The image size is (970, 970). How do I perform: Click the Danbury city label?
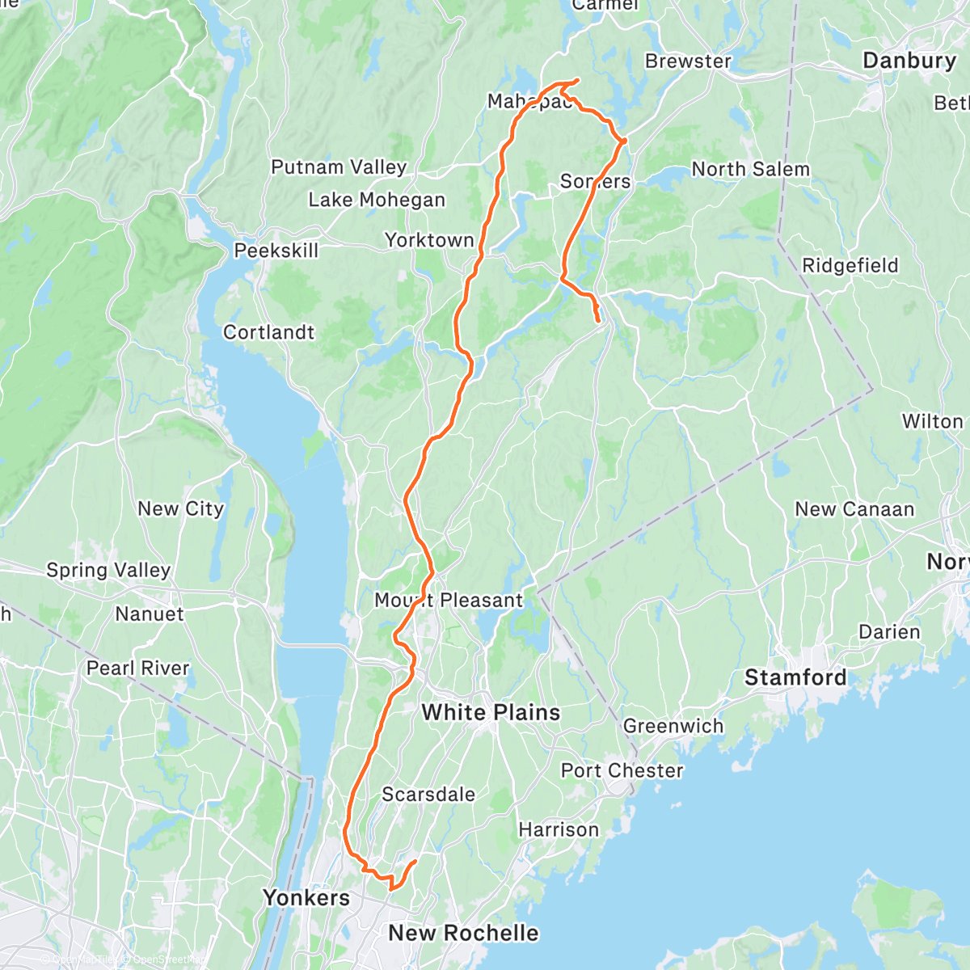click(x=909, y=61)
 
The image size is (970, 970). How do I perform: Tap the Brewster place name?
click(x=688, y=61)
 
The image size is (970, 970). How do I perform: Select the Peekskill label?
click(x=276, y=251)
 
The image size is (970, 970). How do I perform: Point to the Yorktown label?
click(x=429, y=240)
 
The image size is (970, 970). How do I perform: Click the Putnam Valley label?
click(x=339, y=167)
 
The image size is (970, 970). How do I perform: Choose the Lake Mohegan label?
click(x=377, y=200)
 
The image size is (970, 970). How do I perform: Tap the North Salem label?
click(x=750, y=169)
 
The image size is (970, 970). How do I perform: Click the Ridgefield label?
click(x=850, y=265)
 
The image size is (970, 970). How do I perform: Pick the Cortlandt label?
click(x=269, y=332)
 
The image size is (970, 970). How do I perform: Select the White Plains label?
click(x=491, y=712)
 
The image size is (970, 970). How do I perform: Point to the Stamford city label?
click(x=795, y=677)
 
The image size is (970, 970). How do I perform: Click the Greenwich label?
click(x=673, y=726)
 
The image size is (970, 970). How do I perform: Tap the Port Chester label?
click(x=622, y=770)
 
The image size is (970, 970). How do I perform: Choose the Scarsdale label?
click(x=428, y=795)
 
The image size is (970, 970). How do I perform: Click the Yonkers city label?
click(x=306, y=898)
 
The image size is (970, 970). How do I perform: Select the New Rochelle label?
click(x=463, y=933)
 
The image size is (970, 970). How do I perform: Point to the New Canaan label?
click(x=854, y=509)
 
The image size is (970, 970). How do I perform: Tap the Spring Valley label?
click(x=108, y=570)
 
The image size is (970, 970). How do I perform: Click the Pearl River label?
click(x=137, y=668)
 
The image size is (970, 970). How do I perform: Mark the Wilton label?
click(x=933, y=421)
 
